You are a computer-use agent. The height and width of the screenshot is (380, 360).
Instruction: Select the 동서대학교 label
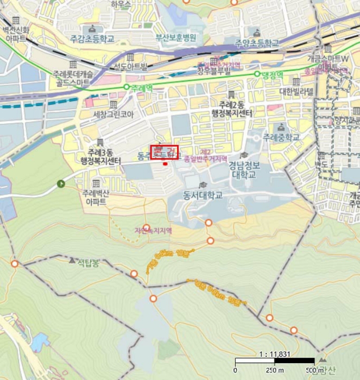[x=203, y=194]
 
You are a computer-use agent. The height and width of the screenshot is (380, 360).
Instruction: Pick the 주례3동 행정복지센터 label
[x=100, y=157]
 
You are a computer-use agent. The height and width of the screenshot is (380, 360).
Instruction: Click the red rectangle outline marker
[x=164, y=153]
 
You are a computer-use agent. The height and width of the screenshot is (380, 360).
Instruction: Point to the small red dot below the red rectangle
[x=165, y=163]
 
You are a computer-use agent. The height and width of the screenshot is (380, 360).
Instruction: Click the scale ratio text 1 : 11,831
[x=275, y=353]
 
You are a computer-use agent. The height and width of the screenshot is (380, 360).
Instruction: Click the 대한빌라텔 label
[x=296, y=92]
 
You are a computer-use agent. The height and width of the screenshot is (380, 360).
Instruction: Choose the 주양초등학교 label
[x=257, y=43]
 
